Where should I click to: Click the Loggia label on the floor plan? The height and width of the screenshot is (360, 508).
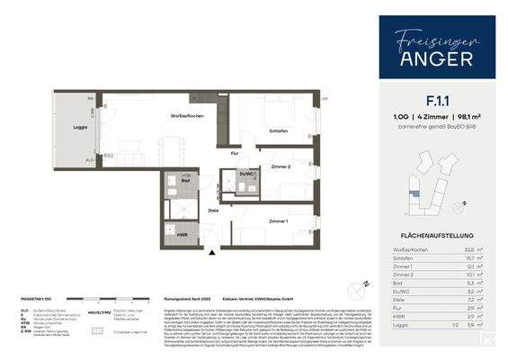(80, 129)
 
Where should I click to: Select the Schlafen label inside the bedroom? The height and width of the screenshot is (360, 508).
(279, 131)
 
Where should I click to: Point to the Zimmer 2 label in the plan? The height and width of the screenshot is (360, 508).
(282, 167)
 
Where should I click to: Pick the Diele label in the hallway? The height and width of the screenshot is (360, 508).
(213, 211)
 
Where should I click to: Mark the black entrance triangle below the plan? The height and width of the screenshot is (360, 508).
(212, 254)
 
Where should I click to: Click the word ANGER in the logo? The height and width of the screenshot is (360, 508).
(437, 60)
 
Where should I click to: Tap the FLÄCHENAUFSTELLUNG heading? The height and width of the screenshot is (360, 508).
(437, 237)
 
